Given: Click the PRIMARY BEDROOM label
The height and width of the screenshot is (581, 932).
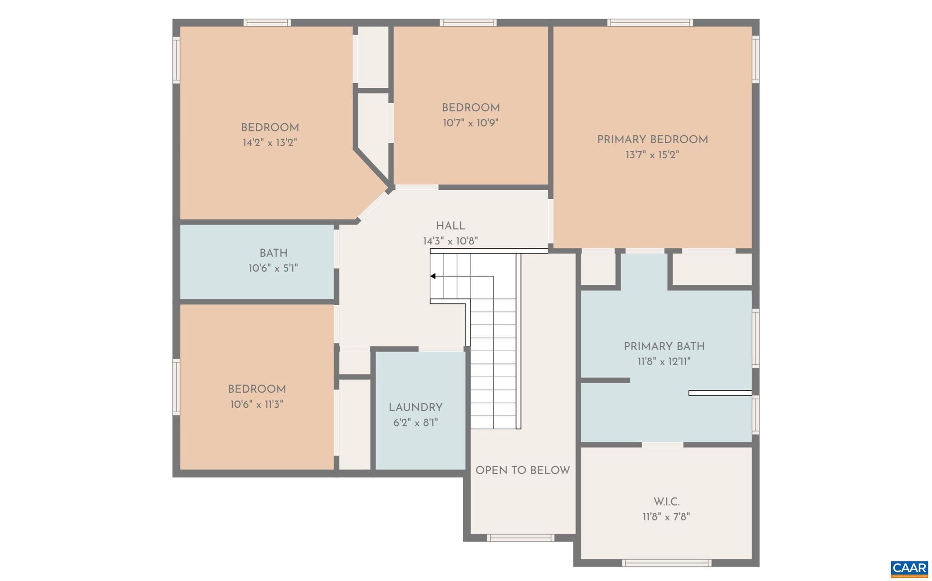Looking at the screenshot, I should pos(652,140).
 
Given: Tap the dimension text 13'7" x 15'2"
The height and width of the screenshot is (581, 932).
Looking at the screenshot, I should pos(652,155).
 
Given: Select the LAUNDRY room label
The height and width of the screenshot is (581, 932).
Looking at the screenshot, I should pos(415,408).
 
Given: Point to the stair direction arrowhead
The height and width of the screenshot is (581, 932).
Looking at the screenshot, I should pos(433,276).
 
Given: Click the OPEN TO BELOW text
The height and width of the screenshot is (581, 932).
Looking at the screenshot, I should pos(522,470).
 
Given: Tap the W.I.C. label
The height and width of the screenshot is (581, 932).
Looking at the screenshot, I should pos(666,502).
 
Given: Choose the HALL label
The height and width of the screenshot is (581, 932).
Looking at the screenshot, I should pos(451,226).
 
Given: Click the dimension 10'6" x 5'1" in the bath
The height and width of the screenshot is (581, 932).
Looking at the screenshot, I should pos(273,268).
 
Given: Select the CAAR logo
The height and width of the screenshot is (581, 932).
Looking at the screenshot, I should pos(909,568).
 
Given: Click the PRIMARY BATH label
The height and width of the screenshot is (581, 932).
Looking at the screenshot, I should pos(664,347).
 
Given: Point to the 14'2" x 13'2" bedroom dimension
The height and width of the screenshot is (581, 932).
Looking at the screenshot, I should pos(270,143).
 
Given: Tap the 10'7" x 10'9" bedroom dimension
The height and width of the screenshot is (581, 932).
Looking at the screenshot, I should pos(471,123).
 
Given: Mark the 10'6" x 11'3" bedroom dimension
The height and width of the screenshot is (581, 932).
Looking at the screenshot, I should pos(257,404).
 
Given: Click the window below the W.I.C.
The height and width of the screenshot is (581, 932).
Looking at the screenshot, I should pos(666,563).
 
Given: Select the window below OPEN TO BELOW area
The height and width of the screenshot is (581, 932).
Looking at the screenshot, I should pos(520,538).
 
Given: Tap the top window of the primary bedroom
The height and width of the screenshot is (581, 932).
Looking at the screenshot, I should pos(650,23).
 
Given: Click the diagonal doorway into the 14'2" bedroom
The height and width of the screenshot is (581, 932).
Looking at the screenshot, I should pos(373,205).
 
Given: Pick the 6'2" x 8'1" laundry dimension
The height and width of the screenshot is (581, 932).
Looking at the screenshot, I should pos(415,423).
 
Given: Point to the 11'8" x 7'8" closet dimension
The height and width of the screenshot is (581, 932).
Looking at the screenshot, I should pos(666,517).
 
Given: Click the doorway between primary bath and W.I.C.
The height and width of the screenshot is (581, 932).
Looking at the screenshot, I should pos(663,445).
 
